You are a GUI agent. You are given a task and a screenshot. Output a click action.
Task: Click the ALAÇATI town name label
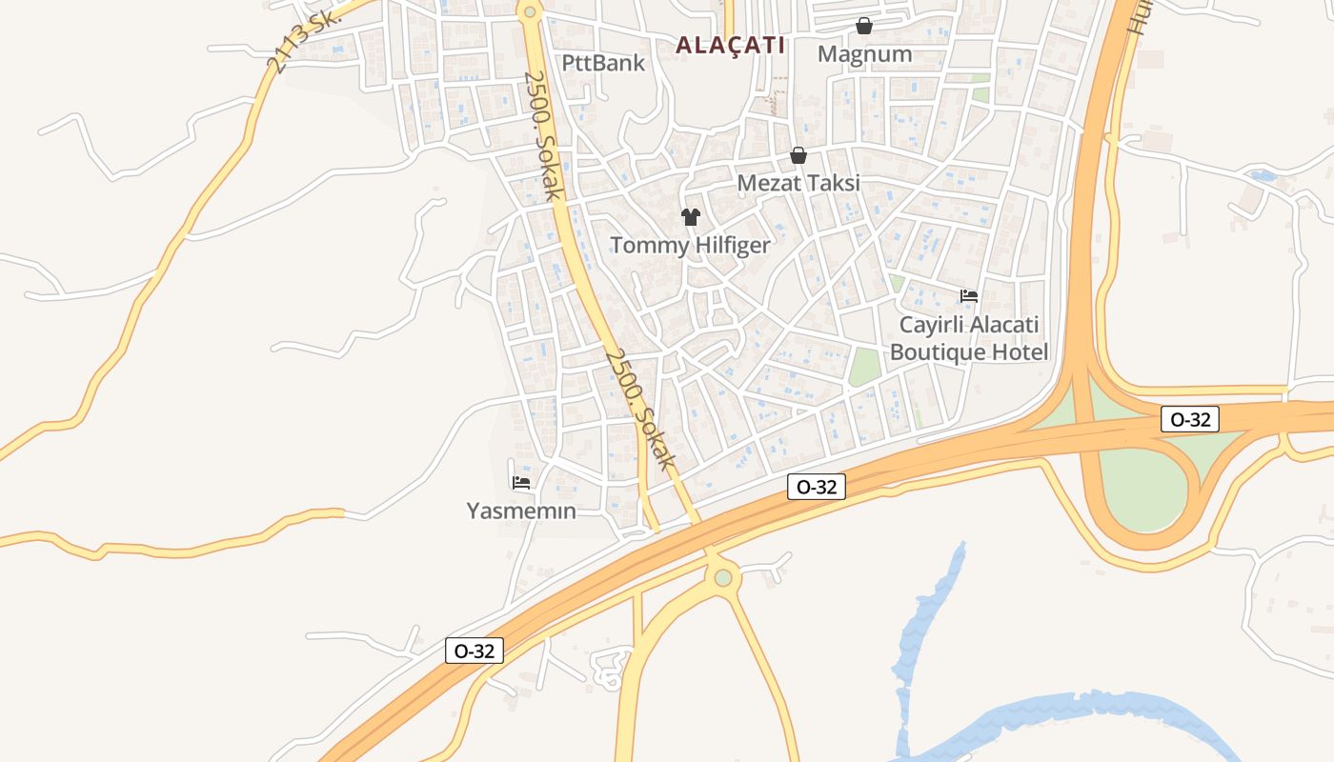pyautogui.click(x=731, y=45)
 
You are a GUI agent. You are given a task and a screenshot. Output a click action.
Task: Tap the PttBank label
pyautogui.click(x=603, y=64)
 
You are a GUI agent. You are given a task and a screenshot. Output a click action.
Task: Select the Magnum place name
pyautogui.click(x=864, y=54)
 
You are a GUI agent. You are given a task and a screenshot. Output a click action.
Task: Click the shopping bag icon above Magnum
pyautogui.click(x=863, y=25)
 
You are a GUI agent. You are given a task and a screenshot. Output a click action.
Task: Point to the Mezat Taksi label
pyautogui.click(x=798, y=183)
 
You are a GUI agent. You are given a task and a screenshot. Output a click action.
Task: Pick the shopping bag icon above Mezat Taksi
pyautogui.click(x=798, y=155)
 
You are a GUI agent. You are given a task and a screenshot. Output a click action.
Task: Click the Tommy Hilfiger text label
pyautogui.click(x=690, y=245)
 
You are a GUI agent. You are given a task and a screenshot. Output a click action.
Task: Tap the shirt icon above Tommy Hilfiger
pyautogui.click(x=691, y=217)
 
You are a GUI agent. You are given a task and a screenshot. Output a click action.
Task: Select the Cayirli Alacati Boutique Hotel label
pyautogui.click(x=969, y=338)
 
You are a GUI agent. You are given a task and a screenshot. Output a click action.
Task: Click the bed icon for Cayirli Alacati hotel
pyautogui.click(x=969, y=295)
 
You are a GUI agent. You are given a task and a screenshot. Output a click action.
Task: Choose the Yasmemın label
pyautogui.click(x=521, y=511)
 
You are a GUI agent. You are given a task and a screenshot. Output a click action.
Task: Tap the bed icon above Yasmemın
pyautogui.click(x=521, y=482)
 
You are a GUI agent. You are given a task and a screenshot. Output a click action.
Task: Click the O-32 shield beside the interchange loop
pyautogui.click(x=1190, y=419)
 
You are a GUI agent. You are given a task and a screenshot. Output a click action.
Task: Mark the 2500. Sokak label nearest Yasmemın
pyautogui.click(x=640, y=409)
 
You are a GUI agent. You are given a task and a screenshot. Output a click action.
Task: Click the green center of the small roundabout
pyautogui.click(x=723, y=577)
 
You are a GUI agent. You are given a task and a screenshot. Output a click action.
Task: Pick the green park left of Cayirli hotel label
pyautogui.click(x=863, y=367)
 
